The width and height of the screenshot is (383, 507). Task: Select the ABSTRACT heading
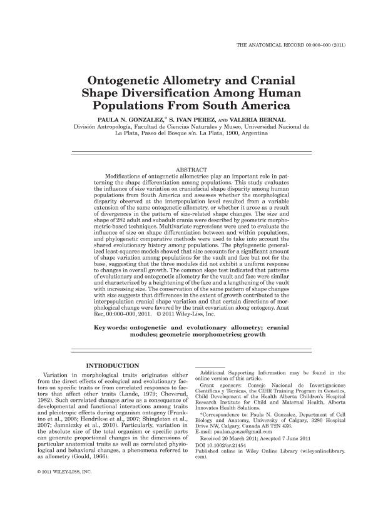pyautogui.click(x=191, y=170)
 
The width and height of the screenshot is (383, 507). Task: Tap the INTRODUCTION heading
pyautogui.click(x=112, y=365)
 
